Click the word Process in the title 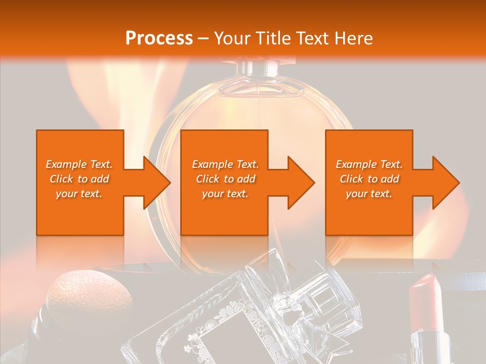(159, 38)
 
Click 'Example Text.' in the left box (79, 164)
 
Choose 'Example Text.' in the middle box (225, 164)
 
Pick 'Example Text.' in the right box (369, 164)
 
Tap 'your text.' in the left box (79, 194)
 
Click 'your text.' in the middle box (225, 194)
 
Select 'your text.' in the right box (369, 194)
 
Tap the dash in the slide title (204, 39)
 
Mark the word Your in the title (233, 38)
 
